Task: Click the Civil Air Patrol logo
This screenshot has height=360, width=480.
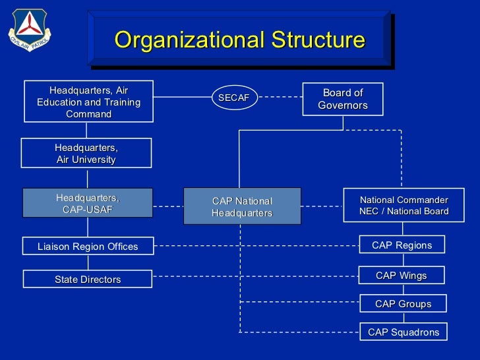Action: pos(28,30)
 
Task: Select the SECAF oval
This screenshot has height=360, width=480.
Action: pos(234,98)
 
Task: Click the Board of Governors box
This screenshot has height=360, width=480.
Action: pos(342,99)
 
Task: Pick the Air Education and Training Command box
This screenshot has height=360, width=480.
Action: pos(88,102)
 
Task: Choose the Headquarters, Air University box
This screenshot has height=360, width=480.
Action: pos(86,153)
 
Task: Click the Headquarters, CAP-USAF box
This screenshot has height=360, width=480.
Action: pos(87,203)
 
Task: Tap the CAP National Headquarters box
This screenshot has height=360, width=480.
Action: pos(241,206)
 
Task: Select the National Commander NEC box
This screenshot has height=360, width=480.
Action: pos(404,205)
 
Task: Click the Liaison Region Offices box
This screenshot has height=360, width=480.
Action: pos(88,246)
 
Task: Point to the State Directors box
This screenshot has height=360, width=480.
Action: pos(88,279)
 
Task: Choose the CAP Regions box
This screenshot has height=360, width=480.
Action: pos(402,245)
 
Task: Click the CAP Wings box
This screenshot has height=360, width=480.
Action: pos(401,275)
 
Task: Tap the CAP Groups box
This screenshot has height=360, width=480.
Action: pos(403,303)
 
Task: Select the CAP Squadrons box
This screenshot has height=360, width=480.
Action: pos(404,332)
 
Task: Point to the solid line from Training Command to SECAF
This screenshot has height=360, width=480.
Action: pos(182,98)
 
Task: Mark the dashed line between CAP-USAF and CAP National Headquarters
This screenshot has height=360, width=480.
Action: pos(167,206)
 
